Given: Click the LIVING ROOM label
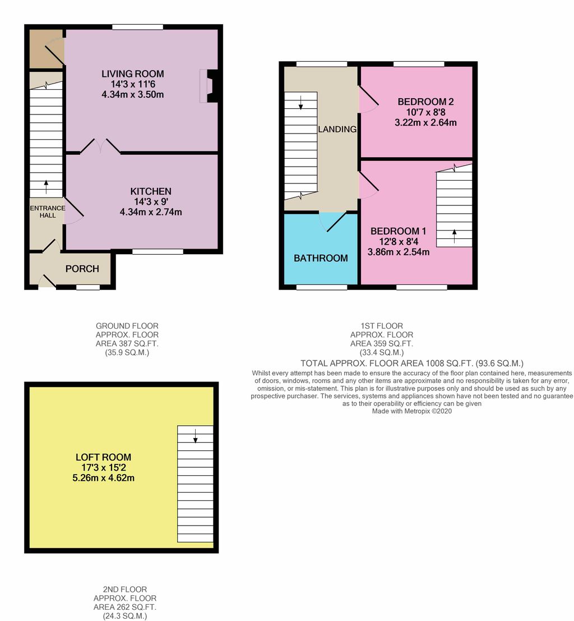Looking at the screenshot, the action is (133, 73).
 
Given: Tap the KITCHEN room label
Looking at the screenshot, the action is (151, 191).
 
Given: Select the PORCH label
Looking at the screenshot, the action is (82, 269).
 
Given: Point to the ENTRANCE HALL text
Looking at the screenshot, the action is (48, 211).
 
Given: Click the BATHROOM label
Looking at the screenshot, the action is (321, 258).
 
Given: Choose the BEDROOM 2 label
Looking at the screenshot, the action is (425, 102).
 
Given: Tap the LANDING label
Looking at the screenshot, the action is (337, 129).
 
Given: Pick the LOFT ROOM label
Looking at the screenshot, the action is (103, 457).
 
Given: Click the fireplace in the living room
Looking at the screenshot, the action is (209, 86).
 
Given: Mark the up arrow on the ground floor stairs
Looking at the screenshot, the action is (46, 187).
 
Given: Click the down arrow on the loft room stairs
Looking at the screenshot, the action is (195, 436).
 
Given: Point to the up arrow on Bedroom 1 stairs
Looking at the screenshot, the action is (454, 236).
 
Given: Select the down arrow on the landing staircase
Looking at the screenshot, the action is (301, 102).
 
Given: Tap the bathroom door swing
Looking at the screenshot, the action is (331, 223).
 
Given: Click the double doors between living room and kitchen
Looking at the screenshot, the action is (100, 146).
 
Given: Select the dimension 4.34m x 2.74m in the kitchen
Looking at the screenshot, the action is (151, 212).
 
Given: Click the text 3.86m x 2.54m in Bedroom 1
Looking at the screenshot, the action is (398, 252).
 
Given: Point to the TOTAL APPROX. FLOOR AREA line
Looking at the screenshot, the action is (411, 363).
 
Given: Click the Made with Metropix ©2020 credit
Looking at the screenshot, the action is (411, 411).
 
